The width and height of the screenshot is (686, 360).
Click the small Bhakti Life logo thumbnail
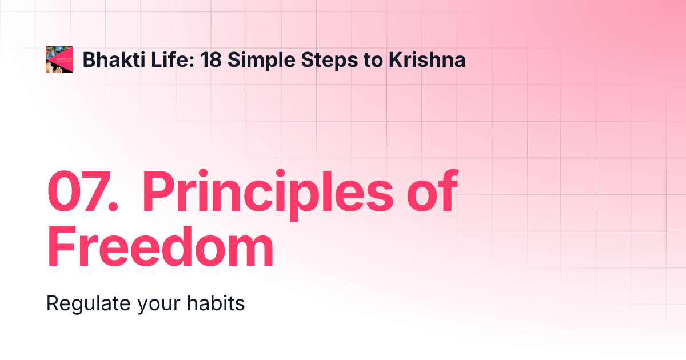pyautogui.click(x=59, y=59)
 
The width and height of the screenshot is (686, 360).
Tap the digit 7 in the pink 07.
pyautogui.click(x=97, y=191)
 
